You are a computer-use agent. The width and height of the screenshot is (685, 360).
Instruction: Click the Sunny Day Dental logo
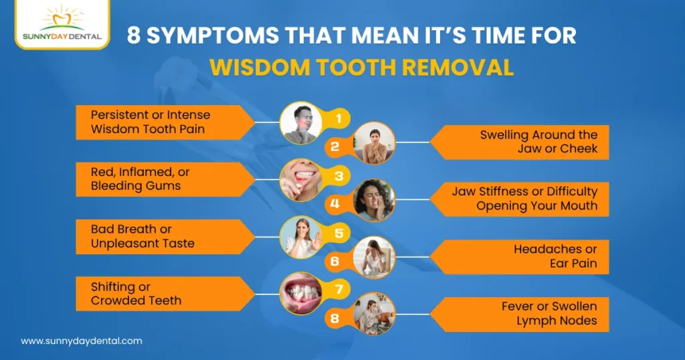(62, 25)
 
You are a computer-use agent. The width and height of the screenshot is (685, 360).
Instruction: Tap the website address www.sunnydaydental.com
(82, 341)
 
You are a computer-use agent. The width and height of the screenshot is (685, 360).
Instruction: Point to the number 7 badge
(339, 290)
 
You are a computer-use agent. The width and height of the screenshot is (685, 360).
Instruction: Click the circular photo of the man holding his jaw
(298, 122)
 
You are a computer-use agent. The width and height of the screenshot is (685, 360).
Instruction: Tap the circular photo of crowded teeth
(298, 292)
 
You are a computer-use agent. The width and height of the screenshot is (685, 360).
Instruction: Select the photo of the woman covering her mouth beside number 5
(298, 236)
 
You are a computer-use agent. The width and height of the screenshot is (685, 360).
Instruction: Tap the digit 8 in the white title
(134, 35)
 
